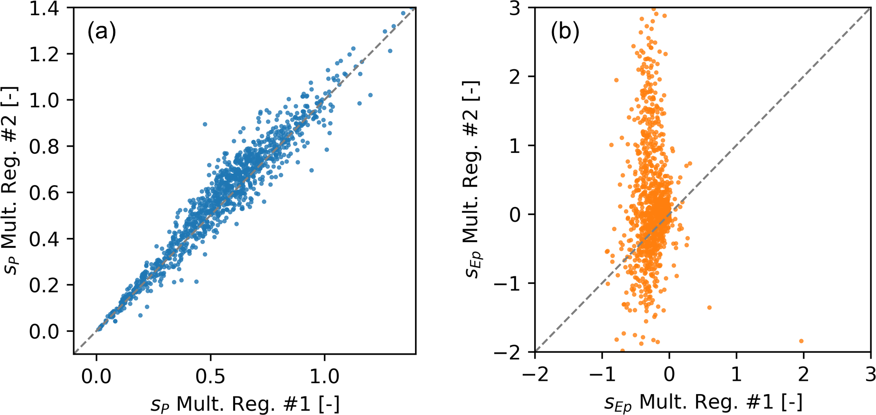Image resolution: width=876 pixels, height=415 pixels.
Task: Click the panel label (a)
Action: [101, 32]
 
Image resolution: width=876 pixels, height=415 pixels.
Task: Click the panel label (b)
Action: [565, 32]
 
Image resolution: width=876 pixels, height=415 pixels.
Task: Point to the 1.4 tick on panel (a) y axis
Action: [44, 9]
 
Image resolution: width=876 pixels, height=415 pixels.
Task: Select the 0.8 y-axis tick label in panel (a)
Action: [44, 146]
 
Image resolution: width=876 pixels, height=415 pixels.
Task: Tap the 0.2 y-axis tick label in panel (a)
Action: [44, 285]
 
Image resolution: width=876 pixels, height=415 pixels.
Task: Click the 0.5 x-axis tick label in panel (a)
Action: [210, 376]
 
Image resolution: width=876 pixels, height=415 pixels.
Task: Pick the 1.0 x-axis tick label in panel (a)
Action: [325, 376]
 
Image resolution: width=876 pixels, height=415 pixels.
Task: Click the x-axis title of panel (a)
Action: [245, 405]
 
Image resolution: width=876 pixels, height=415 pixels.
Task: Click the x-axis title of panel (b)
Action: [703, 403]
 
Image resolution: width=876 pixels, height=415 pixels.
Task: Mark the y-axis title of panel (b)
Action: [471, 179]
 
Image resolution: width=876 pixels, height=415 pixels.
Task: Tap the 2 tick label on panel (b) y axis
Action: [515, 76]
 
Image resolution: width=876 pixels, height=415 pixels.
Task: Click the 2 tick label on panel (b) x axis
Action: [803, 375]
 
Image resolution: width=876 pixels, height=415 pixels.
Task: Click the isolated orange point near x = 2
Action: [801, 341]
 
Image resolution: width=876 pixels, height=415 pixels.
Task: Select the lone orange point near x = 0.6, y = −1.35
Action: [709, 308]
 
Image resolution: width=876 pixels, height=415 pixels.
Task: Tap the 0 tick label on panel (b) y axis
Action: [515, 215]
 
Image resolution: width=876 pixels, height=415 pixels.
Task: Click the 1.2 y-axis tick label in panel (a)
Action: [44, 54]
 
